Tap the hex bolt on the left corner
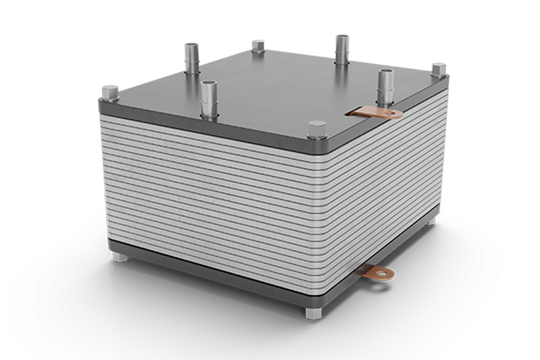coord(109,94)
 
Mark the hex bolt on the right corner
coord(438,70)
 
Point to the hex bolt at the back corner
coord(258,47)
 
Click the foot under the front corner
coord(313,313)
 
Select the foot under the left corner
coord(119,256)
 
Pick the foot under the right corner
coord(431,219)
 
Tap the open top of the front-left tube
coord(209,84)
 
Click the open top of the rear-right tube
coord(342,36)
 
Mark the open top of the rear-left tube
coord(192,46)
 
